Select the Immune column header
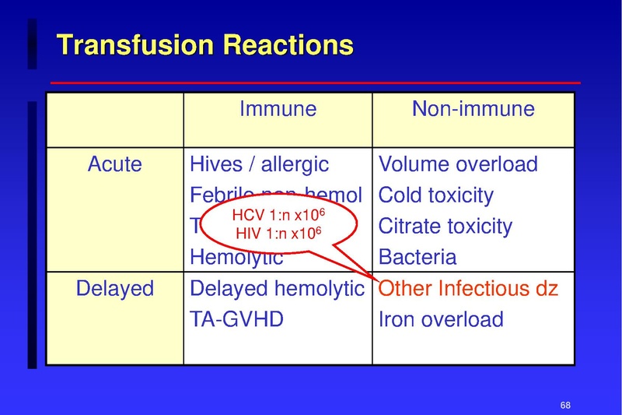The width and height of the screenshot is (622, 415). (x=278, y=108)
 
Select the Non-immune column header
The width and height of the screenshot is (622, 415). (x=473, y=108)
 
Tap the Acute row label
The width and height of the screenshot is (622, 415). (x=115, y=164)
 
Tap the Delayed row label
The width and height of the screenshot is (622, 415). (x=115, y=289)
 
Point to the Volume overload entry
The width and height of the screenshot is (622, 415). (x=458, y=164)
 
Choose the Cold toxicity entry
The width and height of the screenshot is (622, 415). (x=435, y=195)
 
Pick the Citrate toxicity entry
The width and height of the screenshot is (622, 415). (x=446, y=227)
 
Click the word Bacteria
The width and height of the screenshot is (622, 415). (x=418, y=258)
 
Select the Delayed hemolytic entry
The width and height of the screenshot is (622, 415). (x=277, y=289)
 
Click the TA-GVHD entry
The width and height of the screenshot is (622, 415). (x=237, y=319)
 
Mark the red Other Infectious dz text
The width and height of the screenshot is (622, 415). (x=468, y=289)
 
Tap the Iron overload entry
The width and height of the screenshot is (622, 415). (x=441, y=319)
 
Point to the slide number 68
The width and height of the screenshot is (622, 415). (x=565, y=405)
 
